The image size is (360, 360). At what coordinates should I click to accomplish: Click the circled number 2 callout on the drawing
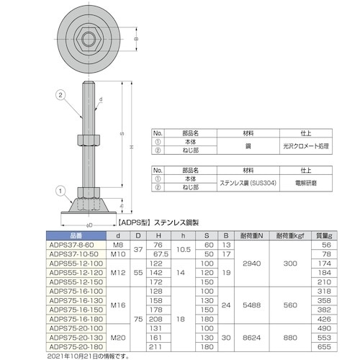60,94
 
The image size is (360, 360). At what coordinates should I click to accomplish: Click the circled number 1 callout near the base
61,191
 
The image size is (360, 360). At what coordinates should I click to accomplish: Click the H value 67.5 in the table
161,254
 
